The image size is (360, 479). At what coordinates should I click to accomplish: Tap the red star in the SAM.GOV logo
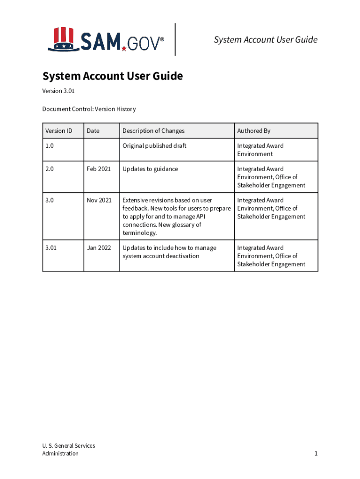(124, 48)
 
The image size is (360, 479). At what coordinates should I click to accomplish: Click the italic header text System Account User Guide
(266, 40)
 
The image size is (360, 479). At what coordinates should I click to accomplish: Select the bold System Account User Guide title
(112, 76)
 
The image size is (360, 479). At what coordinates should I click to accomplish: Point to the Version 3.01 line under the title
(58, 91)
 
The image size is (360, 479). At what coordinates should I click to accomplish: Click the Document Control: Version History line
(89, 109)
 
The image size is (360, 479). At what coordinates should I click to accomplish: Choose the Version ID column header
(58, 131)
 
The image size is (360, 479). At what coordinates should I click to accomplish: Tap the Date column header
(93, 131)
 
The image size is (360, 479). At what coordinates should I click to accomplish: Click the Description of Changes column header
(153, 131)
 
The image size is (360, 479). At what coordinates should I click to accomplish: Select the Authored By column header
(254, 131)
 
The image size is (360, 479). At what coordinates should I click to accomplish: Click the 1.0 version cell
(50, 146)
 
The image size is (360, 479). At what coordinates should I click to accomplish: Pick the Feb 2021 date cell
(99, 169)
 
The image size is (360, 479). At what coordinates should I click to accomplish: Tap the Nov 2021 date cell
(99, 200)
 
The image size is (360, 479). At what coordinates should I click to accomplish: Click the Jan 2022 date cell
(99, 248)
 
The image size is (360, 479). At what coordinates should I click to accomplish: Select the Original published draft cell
(154, 146)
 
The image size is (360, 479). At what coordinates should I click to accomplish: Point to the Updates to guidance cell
(150, 169)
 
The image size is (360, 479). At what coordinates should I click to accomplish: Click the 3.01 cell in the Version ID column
(51, 248)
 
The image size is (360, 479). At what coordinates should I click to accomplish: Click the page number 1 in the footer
(316, 454)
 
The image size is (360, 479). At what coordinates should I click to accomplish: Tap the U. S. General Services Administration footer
(68, 450)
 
